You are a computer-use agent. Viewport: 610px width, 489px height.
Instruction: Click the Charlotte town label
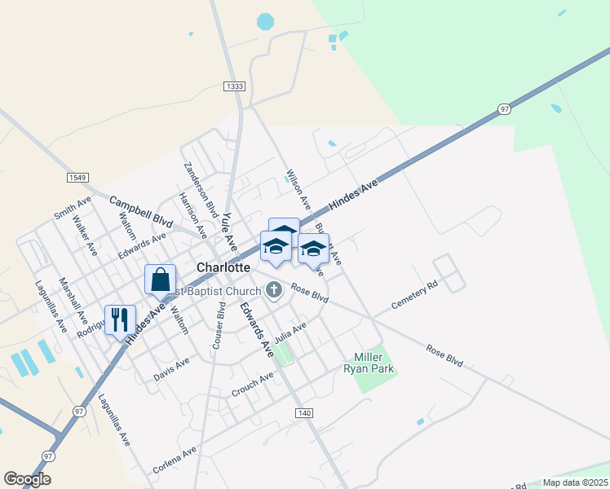(x=223, y=267)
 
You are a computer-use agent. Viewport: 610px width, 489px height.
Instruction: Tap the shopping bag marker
(x=160, y=279)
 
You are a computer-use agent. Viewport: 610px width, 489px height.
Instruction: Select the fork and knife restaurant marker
(x=120, y=319)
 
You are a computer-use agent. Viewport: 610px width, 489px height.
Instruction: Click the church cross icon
(x=274, y=289)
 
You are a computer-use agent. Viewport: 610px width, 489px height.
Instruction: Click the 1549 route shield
(x=77, y=177)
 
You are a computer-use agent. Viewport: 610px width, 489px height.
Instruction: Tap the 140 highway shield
(x=304, y=413)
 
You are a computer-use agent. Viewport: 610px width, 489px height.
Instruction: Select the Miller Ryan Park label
(x=374, y=363)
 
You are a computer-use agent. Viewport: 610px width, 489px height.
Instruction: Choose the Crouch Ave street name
(x=252, y=383)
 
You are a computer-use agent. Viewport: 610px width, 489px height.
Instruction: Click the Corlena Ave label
(x=175, y=460)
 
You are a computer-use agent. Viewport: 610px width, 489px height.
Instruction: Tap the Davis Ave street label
(x=171, y=369)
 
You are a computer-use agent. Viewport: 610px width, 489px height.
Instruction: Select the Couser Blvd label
(x=219, y=326)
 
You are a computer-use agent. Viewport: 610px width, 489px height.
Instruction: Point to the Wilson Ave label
(x=298, y=188)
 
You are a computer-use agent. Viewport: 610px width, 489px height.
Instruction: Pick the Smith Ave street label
(x=73, y=209)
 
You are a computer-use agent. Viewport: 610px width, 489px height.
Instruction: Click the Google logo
(x=27, y=479)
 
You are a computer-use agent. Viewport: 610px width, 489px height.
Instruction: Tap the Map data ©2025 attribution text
(x=575, y=482)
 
